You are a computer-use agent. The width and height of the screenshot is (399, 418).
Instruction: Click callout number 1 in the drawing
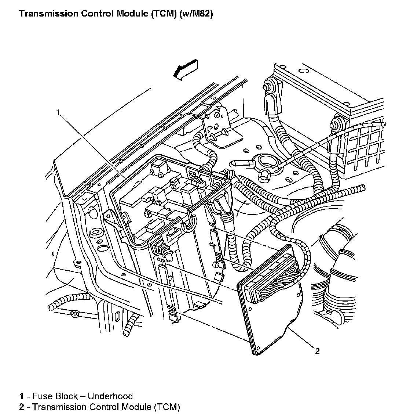tap(58, 112)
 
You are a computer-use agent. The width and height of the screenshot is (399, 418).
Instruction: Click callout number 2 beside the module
tap(317, 352)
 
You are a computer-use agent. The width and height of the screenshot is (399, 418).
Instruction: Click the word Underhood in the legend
tap(110, 396)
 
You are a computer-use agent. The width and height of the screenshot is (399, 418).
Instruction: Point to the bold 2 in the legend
tap(22, 407)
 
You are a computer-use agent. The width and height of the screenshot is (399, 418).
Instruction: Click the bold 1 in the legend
tap(22, 396)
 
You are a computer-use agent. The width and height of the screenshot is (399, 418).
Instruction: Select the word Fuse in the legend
tap(40, 396)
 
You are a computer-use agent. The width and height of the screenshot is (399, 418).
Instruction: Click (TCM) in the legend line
tap(167, 407)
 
